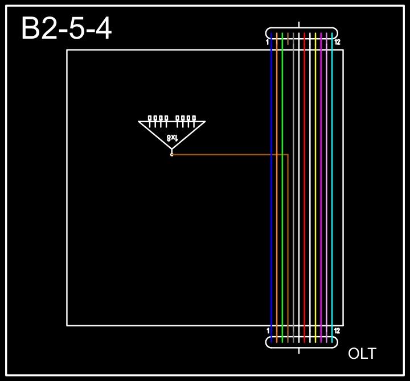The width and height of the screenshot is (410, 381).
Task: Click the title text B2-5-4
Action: (x=66, y=29)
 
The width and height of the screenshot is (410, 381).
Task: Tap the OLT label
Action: (x=362, y=354)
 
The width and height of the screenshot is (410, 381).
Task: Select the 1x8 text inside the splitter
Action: (x=172, y=137)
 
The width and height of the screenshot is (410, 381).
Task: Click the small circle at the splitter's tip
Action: (x=171, y=154)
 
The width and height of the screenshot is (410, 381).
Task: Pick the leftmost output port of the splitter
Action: (x=150, y=118)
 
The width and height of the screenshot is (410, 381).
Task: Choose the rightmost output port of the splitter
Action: (x=194, y=118)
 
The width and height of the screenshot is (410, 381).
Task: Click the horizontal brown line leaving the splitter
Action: (x=228, y=154)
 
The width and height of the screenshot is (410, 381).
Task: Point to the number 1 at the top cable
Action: (x=268, y=42)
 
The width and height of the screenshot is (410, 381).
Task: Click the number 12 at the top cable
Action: (x=337, y=42)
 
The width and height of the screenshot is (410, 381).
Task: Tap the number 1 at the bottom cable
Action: (x=268, y=330)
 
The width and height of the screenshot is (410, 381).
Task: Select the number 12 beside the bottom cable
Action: (x=337, y=330)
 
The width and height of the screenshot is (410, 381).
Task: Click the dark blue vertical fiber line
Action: (x=272, y=188)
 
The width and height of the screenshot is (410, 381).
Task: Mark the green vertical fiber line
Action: (x=282, y=188)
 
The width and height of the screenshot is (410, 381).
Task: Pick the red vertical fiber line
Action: (x=305, y=188)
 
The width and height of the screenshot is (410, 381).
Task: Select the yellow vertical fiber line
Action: (x=315, y=188)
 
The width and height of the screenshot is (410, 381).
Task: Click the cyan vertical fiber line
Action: (x=332, y=188)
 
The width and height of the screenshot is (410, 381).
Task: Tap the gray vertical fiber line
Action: (x=293, y=188)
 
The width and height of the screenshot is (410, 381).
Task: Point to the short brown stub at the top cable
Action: (x=288, y=39)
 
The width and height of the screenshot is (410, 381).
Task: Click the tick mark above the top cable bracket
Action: (x=300, y=24)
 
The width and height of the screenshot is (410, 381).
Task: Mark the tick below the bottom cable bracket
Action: (x=300, y=350)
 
